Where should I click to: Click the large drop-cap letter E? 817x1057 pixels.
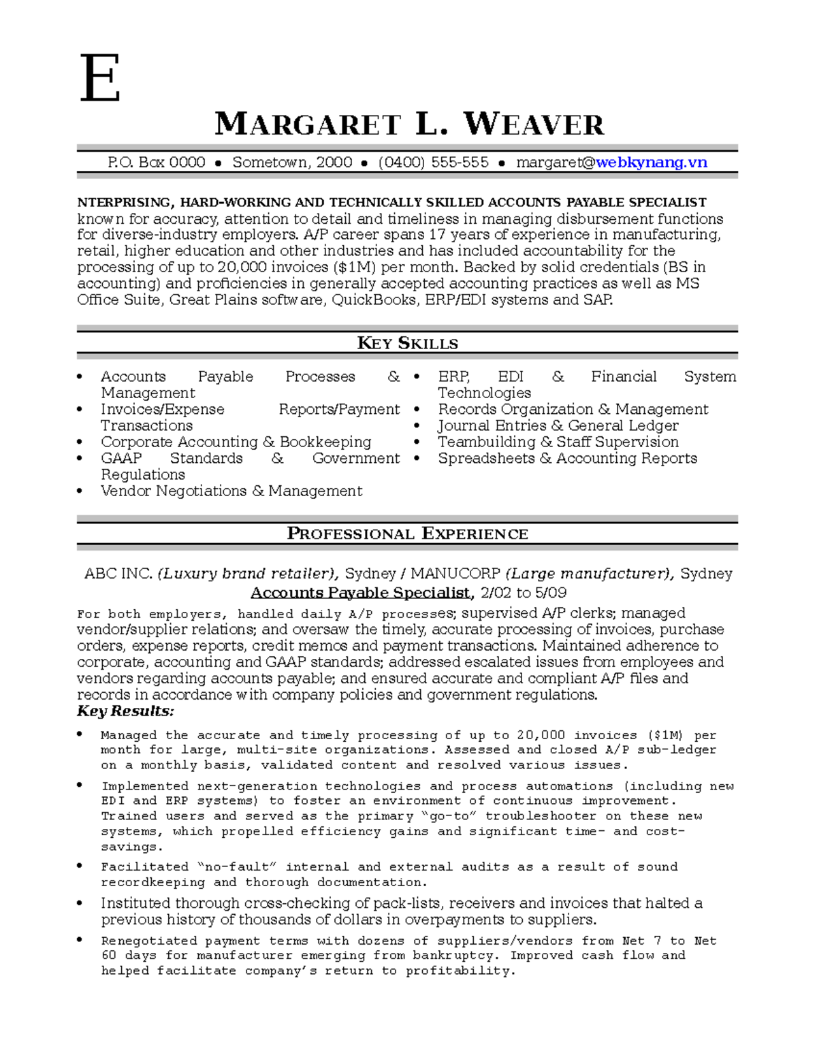pos(100,79)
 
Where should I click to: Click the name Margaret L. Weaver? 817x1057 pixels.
pos(408,125)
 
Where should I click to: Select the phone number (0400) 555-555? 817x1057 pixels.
pos(433,162)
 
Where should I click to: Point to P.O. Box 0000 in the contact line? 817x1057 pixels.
pos(157,162)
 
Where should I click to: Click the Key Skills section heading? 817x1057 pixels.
pos(407,343)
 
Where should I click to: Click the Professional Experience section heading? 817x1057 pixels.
pos(407,534)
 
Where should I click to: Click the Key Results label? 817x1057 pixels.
pos(125,711)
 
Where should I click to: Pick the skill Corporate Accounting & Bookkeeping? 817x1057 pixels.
pos(236,442)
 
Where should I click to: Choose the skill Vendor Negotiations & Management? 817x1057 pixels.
pos(231,491)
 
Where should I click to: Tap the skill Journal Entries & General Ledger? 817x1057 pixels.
pos(558,425)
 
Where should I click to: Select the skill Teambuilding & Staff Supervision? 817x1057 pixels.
pos(558,442)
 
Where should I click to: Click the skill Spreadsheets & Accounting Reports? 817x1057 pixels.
pos(567,458)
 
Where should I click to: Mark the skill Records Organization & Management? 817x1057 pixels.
pos(573,409)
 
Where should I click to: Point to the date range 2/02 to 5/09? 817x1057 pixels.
pos(523,592)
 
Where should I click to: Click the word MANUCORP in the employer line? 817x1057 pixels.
pos(455,573)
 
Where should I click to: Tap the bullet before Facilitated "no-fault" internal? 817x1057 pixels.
pos(80,866)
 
